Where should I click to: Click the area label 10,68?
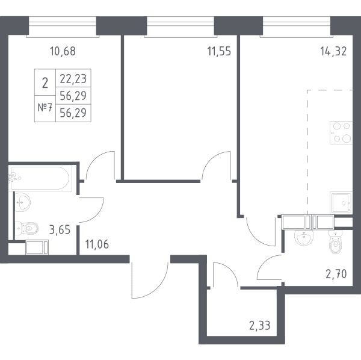63,51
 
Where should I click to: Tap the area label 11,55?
219,51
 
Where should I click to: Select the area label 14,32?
333,51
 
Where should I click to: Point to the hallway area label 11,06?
97,244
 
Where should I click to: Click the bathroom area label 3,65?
60,229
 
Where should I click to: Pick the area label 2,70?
336,274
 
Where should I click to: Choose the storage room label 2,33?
260,326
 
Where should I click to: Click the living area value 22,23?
73,78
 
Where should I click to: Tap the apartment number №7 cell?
45,108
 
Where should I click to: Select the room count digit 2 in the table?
45,83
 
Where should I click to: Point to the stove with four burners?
341,132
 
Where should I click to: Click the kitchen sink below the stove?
341,202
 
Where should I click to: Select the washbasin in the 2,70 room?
304,237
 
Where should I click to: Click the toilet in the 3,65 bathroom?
27,228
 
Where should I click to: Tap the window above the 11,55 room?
180,26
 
